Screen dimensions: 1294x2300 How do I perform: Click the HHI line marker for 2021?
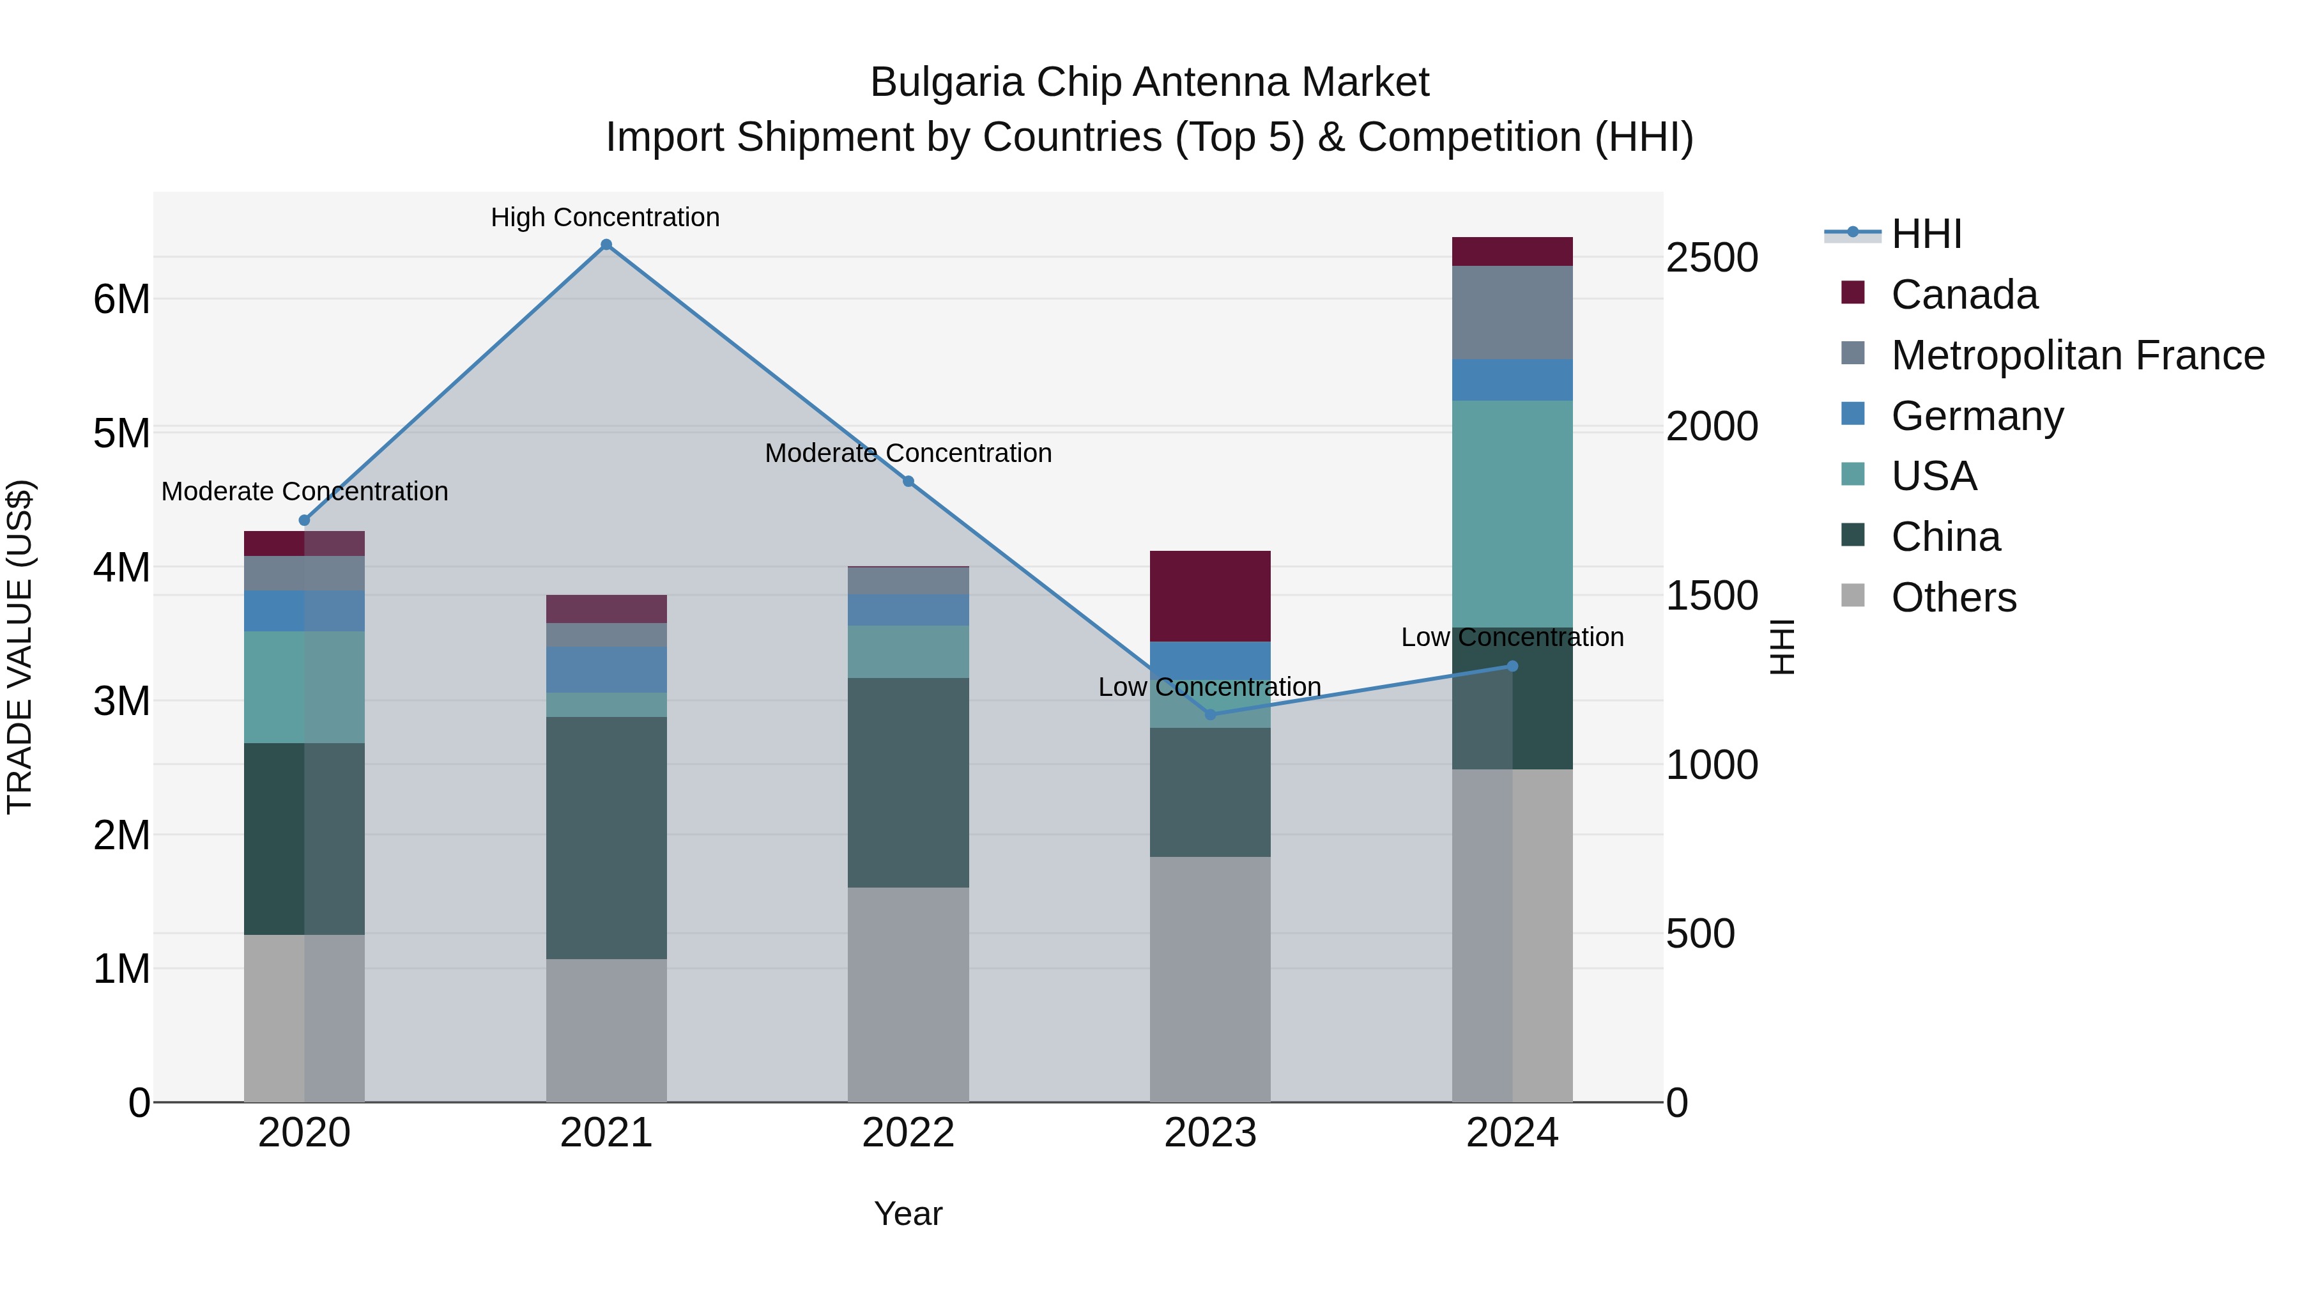click(606, 245)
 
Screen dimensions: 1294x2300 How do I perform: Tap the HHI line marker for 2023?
click(1210, 714)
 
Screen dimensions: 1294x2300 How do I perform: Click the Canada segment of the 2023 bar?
click(1210, 596)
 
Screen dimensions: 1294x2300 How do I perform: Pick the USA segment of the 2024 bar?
click(1512, 514)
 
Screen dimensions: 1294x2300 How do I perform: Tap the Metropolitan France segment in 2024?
click(1512, 312)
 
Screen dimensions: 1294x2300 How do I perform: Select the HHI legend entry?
click(1926, 234)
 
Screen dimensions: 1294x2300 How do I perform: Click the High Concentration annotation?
click(606, 217)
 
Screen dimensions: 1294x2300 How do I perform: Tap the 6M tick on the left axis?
click(121, 299)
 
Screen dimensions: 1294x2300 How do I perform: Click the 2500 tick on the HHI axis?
click(1712, 258)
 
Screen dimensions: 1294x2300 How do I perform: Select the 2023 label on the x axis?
click(1210, 1133)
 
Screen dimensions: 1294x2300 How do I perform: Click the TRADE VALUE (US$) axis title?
click(20, 647)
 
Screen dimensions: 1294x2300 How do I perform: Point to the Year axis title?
click(908, 1213)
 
